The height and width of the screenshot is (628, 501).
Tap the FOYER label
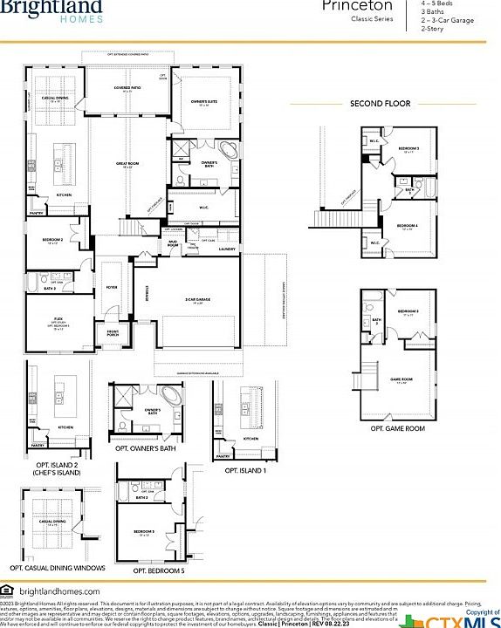[112, 286]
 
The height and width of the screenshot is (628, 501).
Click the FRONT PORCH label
[113, 332]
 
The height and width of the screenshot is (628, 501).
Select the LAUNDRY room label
[227, 249]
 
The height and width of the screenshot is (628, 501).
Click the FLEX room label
[58, 320]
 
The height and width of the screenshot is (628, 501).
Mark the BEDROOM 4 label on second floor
[407, 226]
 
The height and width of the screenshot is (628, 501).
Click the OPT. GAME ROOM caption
[398, 428]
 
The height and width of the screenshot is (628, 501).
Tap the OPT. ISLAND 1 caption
[245, 470]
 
